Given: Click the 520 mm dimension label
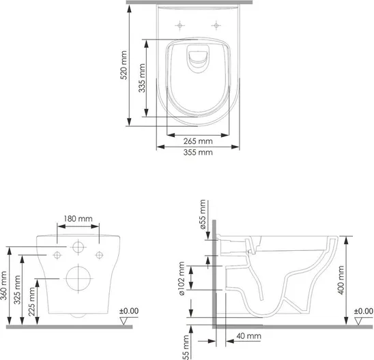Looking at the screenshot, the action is [x=124, y=65].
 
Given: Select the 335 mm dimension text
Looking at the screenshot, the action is [x=142, y=78].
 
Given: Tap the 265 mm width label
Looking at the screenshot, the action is [x=198, y=141].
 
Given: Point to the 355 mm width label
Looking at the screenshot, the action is [x=198, y=152].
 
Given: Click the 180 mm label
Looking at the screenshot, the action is [x=78, y=219].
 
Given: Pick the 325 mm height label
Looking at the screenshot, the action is [x=17, y=290].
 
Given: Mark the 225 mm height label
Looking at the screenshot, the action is [x=31, y=301].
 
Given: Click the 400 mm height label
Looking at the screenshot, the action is [x=341, y=280].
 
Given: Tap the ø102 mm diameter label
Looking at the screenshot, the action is [x=182, y=278].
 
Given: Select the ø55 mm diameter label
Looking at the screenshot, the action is [x=202, y=214].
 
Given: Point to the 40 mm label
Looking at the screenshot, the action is [x=249, y=336].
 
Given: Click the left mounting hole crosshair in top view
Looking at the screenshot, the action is [x=180, y=25].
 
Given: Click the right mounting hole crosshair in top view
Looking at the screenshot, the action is [x=216, y=25].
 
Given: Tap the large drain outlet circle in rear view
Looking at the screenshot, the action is [x=78, y=278].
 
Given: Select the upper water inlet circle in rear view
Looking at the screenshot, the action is [x=78, y=247].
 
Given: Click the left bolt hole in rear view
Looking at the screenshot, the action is [x=57, y=255].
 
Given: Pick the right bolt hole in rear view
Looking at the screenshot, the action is [x=99, y=255].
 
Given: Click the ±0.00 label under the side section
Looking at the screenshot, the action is [x=364, y=311].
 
